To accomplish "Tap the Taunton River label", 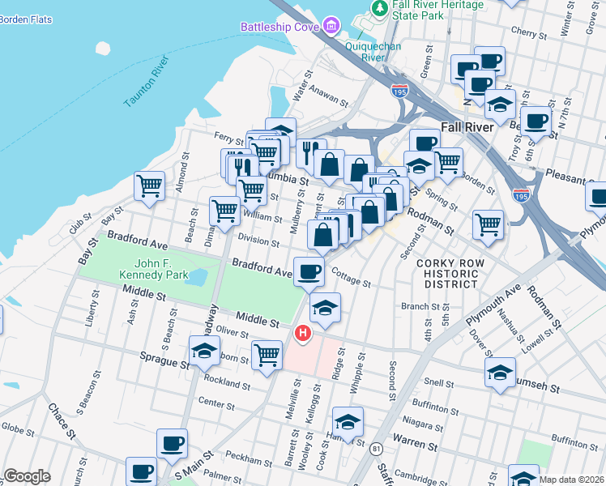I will pos(147,82).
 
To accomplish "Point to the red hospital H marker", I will pos(303,333).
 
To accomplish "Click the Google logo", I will pos(27,476).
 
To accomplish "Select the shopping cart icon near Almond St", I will pos(149,185).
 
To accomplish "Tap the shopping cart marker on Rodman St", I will pos(488,224).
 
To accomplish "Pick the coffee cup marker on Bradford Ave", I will pos(308,271).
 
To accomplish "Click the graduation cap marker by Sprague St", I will pos(204,351).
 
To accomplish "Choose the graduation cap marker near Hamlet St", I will pos(348,422).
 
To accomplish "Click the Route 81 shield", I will pos(376,448).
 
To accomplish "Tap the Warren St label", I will pos(415,444).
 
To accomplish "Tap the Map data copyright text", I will pos(570,480).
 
